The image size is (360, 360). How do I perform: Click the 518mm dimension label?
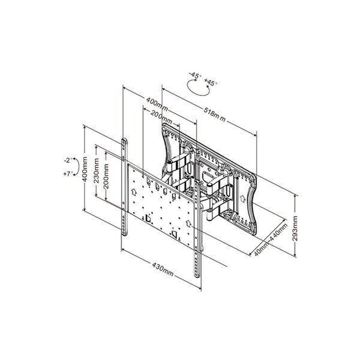click(x=214, y=114)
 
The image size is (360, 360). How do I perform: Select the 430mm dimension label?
click(x=163, y=269)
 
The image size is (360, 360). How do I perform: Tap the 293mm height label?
click(x=295, y=228)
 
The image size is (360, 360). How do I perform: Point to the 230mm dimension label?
click(x=96, y=170)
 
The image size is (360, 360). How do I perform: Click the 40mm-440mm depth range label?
click(x=271, y=239)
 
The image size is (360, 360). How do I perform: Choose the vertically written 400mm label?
click(x=85, y=169)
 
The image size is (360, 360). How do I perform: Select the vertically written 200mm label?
click(x=106, y=176)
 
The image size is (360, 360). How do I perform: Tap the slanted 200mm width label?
click(x=161, y=117)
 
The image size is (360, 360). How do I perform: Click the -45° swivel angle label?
click(x=196, y=76)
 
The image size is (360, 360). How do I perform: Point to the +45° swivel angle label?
click(x=211, y=82)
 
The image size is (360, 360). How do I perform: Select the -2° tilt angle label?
click(x=68, y=160)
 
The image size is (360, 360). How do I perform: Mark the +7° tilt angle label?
click(x=68, y=174)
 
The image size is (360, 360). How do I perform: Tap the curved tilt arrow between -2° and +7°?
click(x=77, y=167)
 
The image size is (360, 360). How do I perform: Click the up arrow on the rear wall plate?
click(x=242, y=199)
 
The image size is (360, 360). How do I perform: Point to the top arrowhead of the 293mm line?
click(x=295, y=196)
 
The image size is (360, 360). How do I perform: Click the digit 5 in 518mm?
click(x=206, y=110)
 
